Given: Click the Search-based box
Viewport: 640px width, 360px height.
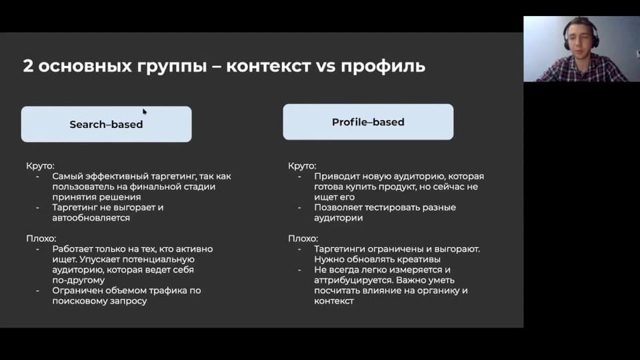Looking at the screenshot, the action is tap(106, 124).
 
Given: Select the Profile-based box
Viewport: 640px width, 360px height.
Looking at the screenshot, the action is tap(368, 121).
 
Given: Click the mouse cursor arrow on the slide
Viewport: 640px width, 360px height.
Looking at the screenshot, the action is tap(145, 111).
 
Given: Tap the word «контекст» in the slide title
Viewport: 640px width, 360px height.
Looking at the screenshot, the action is tap(268, 66).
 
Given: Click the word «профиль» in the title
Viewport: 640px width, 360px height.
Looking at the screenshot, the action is tap(383, 66).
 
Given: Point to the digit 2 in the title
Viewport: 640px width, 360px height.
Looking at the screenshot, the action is tap(28, 66).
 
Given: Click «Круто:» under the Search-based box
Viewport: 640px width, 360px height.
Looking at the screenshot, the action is tap(40, 166).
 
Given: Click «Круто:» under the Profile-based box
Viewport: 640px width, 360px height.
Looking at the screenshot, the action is tap(302, 166).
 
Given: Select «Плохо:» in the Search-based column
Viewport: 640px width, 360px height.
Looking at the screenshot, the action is tap(41, 239).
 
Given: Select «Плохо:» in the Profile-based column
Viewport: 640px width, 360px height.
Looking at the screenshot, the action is tap(303, 239).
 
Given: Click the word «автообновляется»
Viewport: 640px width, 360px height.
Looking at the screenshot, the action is tap(91, 217).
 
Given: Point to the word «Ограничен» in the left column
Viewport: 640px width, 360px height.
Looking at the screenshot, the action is tap(77, 291).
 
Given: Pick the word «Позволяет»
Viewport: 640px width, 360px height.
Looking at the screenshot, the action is tap(337, 207).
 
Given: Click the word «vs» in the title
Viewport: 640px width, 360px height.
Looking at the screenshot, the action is tap(326, 67).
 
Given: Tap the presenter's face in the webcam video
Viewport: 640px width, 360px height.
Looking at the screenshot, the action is tap(579, 37).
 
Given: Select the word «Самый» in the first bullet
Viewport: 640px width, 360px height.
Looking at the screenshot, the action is tap(66, 176).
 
